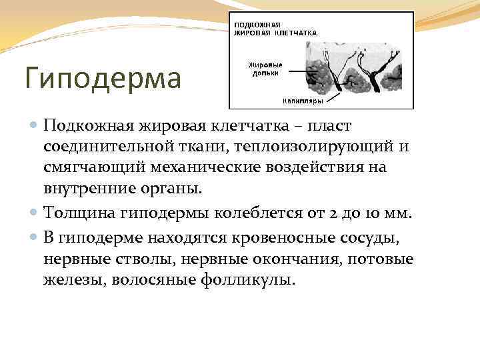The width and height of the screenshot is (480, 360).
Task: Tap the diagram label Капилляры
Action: (x=303, y=101)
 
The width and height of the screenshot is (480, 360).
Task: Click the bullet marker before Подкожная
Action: (x=35, y=127)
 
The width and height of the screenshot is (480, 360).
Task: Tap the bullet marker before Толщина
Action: (x=35, y=213)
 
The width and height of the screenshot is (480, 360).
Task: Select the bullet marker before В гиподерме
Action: (x=35, y=237)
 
